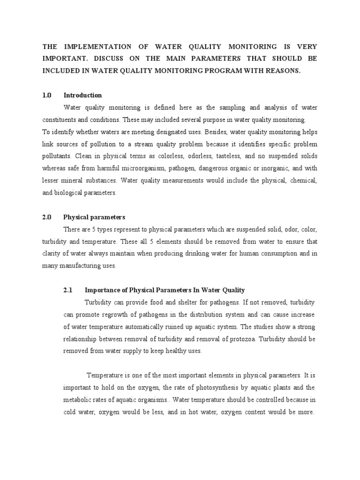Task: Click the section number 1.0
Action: [x=46, y=95]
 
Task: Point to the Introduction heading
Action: [x=82, y=95]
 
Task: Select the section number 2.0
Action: [x=46, y=217]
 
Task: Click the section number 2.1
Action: [x=68, y=290]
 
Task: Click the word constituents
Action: [x=60, y=120]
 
